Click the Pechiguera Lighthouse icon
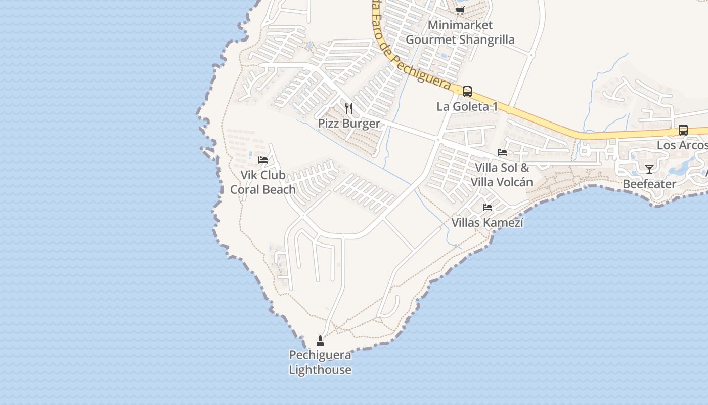pyautogui.click(x=320, y=340)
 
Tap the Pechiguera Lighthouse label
pyautogui.click(x=320, y=362)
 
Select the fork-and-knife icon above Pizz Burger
pyautogui.click(x=348, y=108)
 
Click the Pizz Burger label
pyautogui.click(x=348, y=124)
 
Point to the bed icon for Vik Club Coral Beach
pyautogui.click(x=262, y=159)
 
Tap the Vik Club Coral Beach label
pyautogui.click(x=263, y=182)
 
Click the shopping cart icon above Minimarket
pyautogui.click(x=460, y=10)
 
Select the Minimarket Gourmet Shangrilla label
pyautogui.click(x=460, y=32)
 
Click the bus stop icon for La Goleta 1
pyautogui.click(x=467, y=92)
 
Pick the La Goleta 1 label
pyautogui.click(x=467, y=106)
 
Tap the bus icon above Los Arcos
pyautogui.click(x=683, y=130)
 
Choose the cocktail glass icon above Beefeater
pyautogui.click(x=649, y=169)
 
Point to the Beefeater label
pyautogui.click(x=649, y=184)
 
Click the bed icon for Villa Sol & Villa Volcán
pyautogui.click(x=502, y=152)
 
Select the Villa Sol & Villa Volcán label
pyautogui.click(x=502, y=175)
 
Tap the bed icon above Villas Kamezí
pyautogui.click(x=488, y=207)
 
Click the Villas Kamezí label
pyautogui.click(x=488, y=222)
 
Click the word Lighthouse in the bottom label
pyautogui.click(x=320, y=370)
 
